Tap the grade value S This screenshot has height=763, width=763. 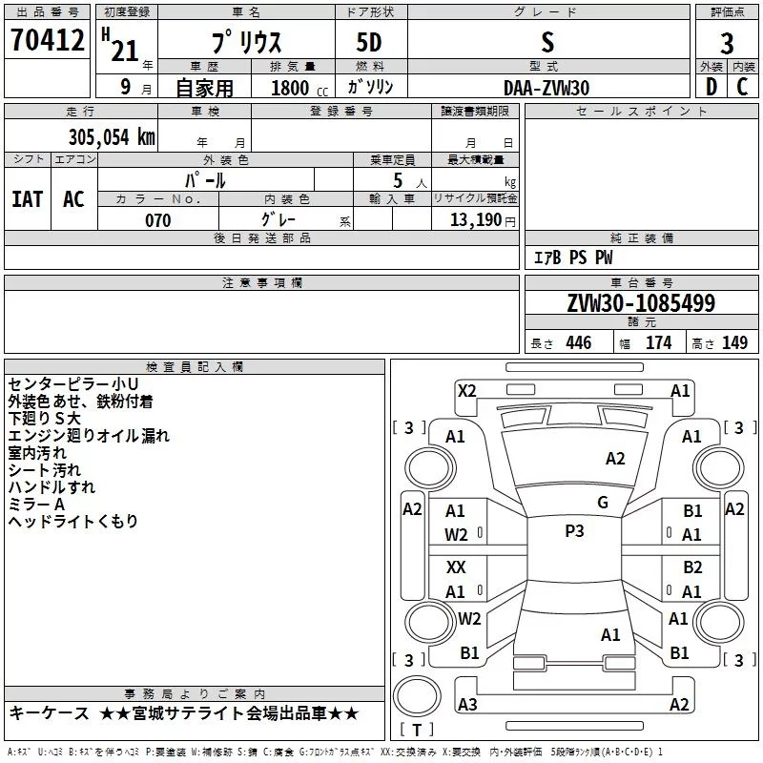(x=546, y=42)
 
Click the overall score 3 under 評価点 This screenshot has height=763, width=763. (x=727, y=44)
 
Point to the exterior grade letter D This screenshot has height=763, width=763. (x=710, y=87)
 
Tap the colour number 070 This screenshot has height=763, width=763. (x=157, y=220)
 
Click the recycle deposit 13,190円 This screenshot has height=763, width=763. (x=483, y=220)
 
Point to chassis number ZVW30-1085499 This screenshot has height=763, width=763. (x=640, y=304)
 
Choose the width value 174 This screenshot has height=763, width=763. (x=658, y=343)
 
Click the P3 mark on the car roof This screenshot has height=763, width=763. (x=574, y=531)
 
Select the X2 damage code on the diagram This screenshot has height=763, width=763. (x=466, y=390)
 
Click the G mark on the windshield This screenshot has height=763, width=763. (x=603, y=503)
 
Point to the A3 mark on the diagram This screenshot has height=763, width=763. (x=467, y=705)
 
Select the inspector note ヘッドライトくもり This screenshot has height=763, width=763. (x=73, y=521)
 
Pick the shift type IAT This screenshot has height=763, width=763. (x=27, y=199)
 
